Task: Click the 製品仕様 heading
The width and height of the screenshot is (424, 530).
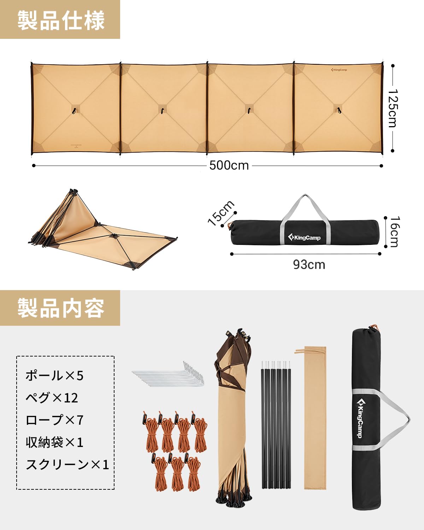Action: (61, 20)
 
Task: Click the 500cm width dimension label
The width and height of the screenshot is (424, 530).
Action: (229, 165)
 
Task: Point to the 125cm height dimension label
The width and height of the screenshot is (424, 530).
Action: (393, 107)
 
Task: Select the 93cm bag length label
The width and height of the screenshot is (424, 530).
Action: (309, 265)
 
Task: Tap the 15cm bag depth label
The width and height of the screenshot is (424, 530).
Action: (221, 213)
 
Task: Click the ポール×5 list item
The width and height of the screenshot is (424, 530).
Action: (54, 375)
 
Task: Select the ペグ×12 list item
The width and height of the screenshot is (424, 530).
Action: (52, 397)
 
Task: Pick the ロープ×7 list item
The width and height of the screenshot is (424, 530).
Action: (54, 420)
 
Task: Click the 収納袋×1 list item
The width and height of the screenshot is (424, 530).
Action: (54, 442)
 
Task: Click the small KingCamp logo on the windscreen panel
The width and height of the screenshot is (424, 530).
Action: (339, 70)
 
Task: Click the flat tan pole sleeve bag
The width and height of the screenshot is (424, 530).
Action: (315, 417)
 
